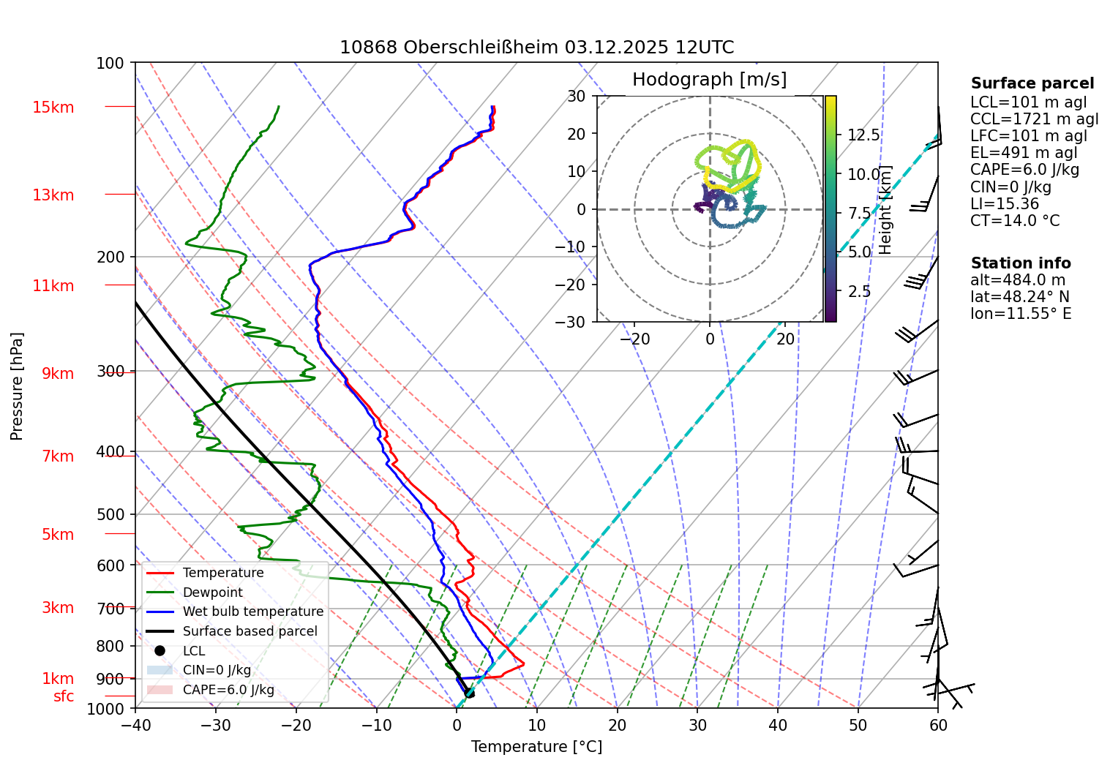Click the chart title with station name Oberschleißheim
click(x=536, y=48)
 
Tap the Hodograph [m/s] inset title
click(x=709, y=80)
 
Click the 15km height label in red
click(x=53, y=108)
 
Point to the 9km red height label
click(x=57, y=374)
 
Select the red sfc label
click(x=64, y=696)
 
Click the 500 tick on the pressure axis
click(x=110, y=515)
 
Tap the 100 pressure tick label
click(x=110, y=64)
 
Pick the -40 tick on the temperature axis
click(x=135, y=726)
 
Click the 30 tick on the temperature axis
click(x=697, y=726)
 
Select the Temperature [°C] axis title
click(x=536, y=747)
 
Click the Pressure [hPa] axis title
click(x=17, y=386)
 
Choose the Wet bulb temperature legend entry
click(x=252, y=612)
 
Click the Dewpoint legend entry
click(x=212, y=593)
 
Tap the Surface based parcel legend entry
click(x=250, y=631)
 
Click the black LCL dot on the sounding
click(x=469, y=693)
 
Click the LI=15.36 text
click(x=1004, y=204)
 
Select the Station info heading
click(x=1021, y=263)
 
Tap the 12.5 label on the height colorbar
click(x=863, y=135)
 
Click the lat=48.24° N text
click(x=1019, y=297)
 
